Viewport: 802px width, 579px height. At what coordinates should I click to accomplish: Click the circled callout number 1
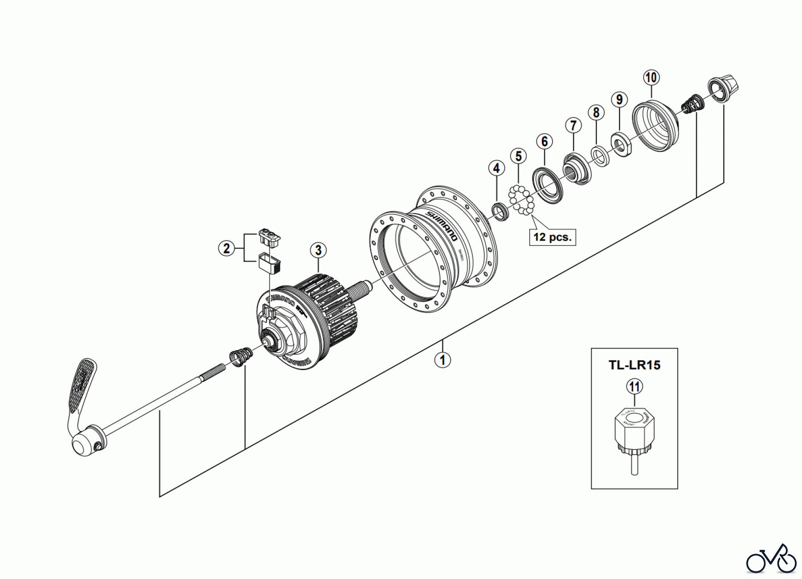pos(442,359)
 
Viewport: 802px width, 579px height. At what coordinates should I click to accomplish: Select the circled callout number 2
pos(226,248)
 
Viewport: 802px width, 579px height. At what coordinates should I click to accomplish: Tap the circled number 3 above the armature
pos(318,250)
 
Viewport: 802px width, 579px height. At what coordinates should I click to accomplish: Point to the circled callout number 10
pos(651,77)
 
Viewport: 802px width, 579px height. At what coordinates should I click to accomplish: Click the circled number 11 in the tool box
pos(634,386)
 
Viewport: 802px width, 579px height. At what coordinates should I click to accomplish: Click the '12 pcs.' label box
pos(552,236)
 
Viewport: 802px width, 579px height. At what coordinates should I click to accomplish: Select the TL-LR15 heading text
pos(634,365)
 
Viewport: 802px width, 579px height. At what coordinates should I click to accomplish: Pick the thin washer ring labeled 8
pos(599,156)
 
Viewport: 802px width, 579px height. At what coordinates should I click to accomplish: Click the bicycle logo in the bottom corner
pos(771,559)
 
